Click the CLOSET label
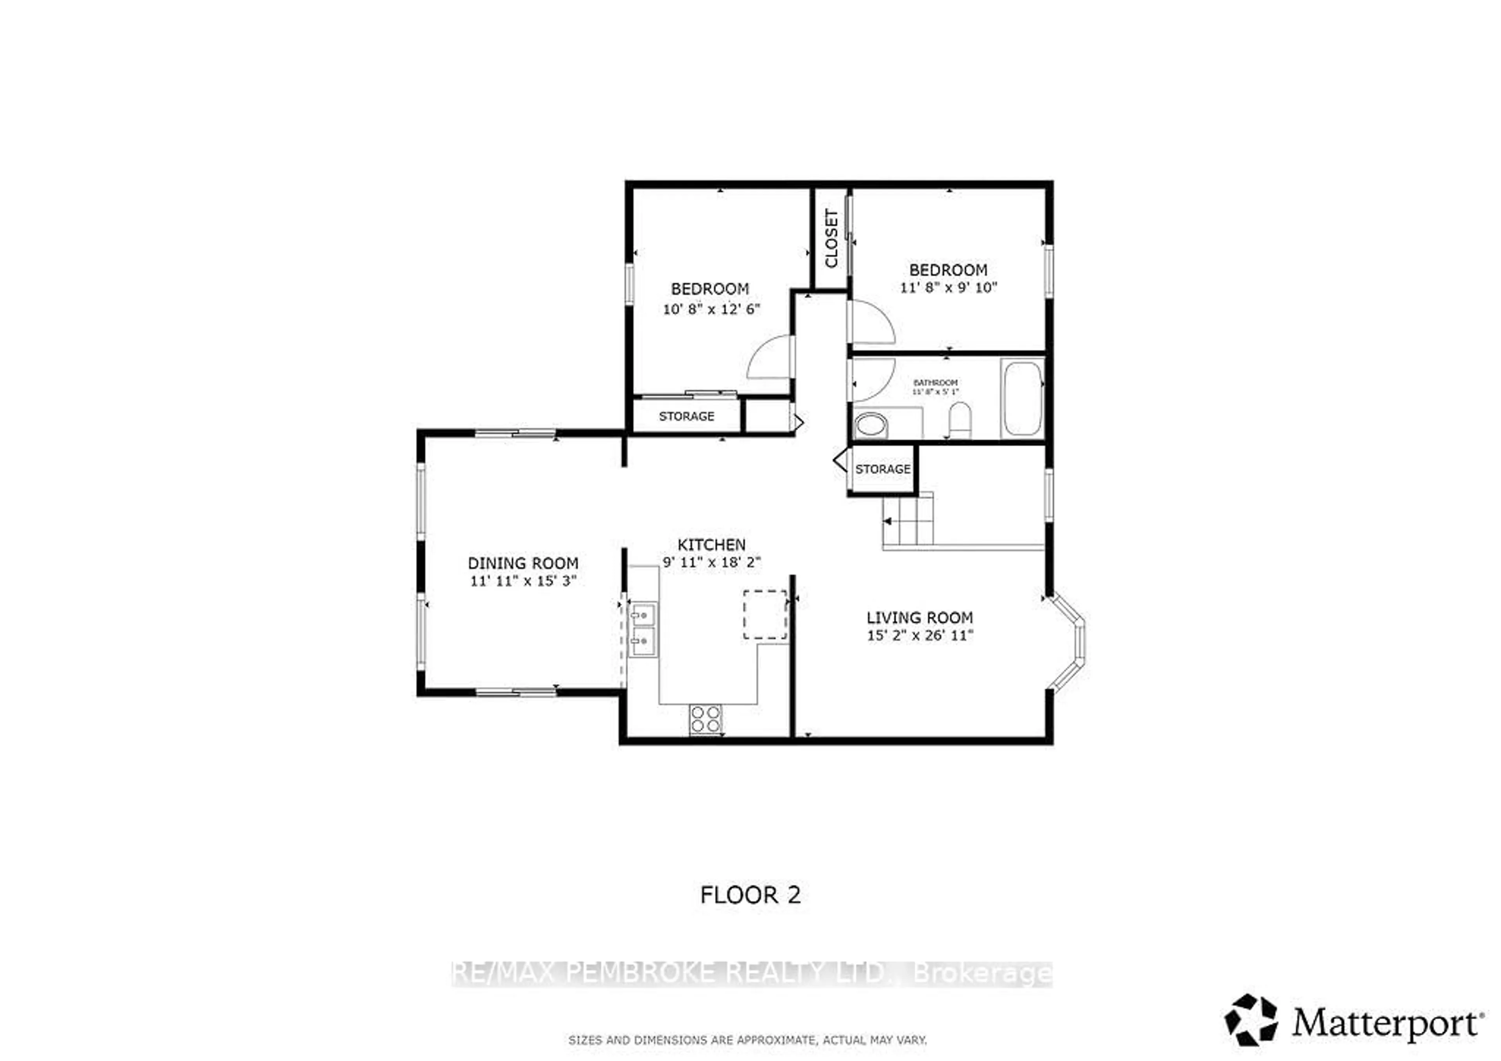[x=831, y=239]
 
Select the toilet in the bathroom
[x=960, y=420]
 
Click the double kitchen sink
[x=643, y=630]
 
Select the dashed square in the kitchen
[x=765, y=614]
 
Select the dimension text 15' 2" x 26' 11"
[x=920, y=635]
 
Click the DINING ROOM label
[x=523, y=563]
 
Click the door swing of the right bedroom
[x=871, y=322]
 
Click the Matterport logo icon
[x=1250, y=1020]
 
